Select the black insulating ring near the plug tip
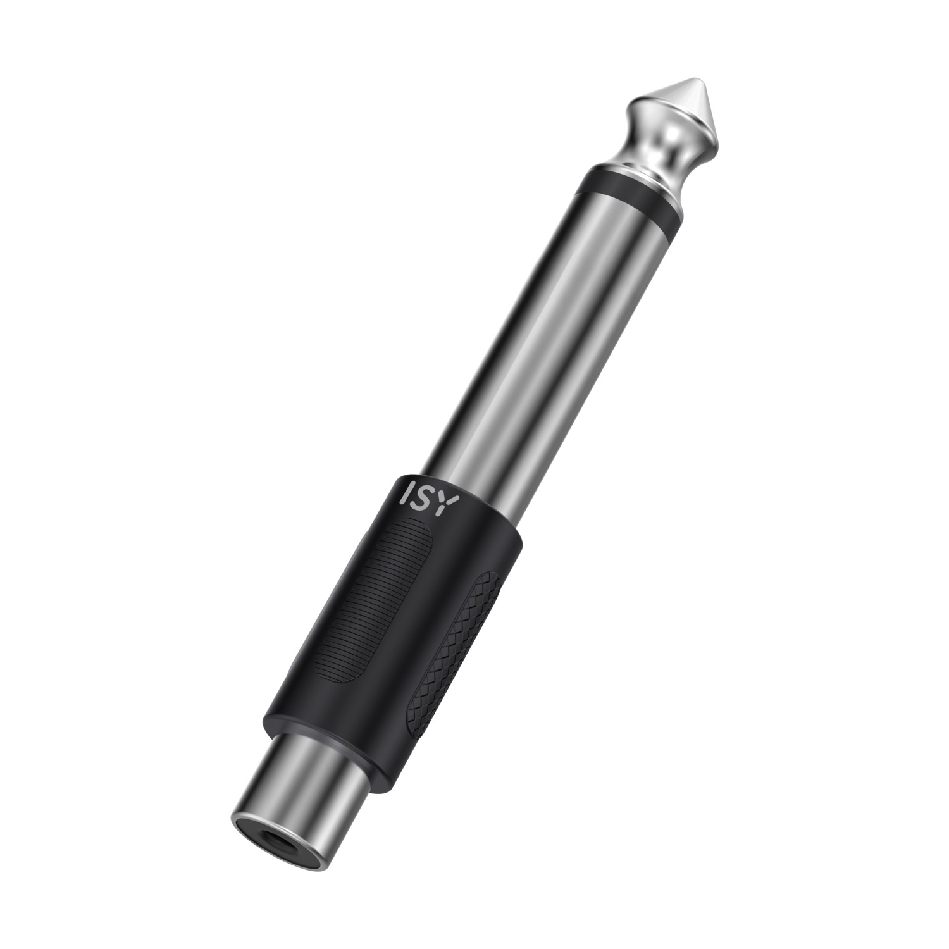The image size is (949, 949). tap(633, 193)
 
